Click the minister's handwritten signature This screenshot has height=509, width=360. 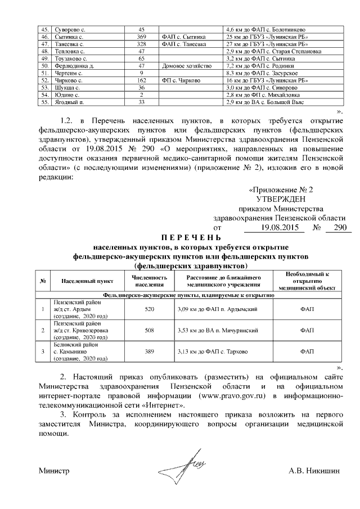pyautogui.click(x=182, y=465)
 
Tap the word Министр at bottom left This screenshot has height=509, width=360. pyautogui.click(x=53, y=470)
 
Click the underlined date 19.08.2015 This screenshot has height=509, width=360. pyautogui.click(x=274, y=228)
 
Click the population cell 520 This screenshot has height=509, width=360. pyautogui.click(x=149, y=309)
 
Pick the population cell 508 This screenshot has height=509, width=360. pyautogui.click(x=149, y=331)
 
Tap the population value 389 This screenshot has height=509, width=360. pyautogui.click(x=149, y=351)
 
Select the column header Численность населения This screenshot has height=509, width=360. pyautogui.click(x=149, y=281)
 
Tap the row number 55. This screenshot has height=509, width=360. pyautogui.click(x=44, y=102)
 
